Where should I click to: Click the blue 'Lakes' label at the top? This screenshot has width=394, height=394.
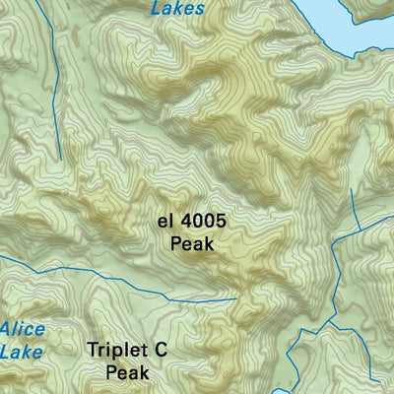pyautogui.click(x=178, y=8)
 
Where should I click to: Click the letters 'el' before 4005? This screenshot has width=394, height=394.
pyautogui.click(x=166, y=223)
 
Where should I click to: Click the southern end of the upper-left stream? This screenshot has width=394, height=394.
pyautogui.click(x=59, y=158)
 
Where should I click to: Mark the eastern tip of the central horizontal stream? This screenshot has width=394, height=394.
pyautogui.click(x=235, y=297)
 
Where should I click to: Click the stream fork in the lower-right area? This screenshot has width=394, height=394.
pyautogui.click(x=336, y=322)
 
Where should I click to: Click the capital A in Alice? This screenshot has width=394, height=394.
pyautogui.click(x=5, y=329)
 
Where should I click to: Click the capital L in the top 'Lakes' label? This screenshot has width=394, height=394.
pyautogui.click(x=157, y=8)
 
